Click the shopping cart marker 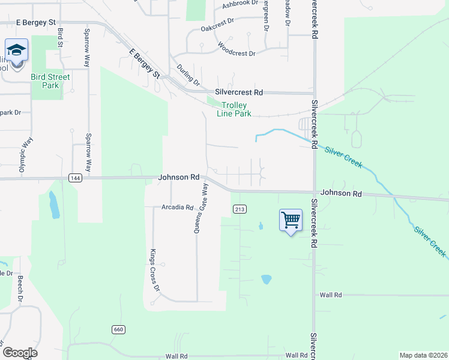[x=291, y=220]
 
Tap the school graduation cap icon [x=16, y=49]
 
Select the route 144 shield [x=75, y=178]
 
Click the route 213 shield [x=239, y=208]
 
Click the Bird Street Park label [x=50, y=81]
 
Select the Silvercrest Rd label [x=239, y=93]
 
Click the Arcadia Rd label [x=177, y=208]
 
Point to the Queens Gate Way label [x=200, y=208]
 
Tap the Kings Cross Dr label [x=155, y=269]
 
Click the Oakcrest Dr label [x=217, y=24]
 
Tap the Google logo [x=20, y=353]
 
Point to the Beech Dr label [x=20, y=289]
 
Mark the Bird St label [x=61, y=37]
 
